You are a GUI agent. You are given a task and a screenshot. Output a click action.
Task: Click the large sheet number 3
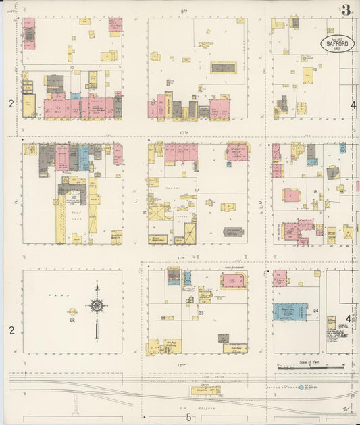coord(346,10)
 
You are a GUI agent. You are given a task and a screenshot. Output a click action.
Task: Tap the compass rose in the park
coord(97,307)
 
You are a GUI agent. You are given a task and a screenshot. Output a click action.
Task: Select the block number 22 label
coord(72,320)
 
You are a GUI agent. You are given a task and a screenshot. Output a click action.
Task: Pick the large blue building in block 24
coord(290,311)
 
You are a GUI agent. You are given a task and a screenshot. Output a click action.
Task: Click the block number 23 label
coord(201,314)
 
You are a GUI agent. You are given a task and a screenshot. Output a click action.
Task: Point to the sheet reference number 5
coord(189,417)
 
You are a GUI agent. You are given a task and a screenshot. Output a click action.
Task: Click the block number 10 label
coord(70,68)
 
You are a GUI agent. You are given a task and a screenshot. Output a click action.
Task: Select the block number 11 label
coord(200,68)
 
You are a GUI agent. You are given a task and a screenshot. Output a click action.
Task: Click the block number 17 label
coord(197,190)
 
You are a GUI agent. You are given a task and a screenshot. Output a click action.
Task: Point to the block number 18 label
coord(315,193)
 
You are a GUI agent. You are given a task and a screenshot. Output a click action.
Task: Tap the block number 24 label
coord(315,311)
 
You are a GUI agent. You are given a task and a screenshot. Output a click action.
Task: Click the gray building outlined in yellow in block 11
coord(224,68)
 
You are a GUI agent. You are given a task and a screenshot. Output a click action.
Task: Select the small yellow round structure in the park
coord(72,311)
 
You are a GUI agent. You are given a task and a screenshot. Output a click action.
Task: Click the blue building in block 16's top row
coord(84,157)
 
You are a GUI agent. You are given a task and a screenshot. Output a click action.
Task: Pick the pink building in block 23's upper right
coord(233,281)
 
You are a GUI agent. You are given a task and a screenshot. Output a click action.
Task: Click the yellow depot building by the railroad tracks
coord(205,390)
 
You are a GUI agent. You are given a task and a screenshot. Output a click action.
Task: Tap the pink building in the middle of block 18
coord(291,195)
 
